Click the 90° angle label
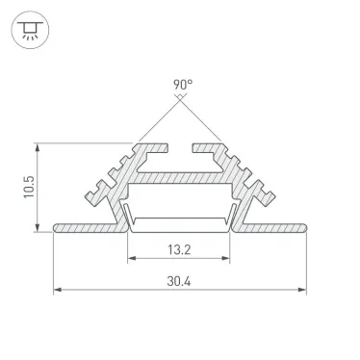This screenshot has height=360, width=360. pos(182,84)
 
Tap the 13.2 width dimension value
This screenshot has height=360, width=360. pos(178,248)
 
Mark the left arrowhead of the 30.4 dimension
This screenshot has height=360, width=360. pos(57,289)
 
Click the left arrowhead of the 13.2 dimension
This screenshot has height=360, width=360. pos(131,258)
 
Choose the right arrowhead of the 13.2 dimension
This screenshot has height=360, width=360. pos(227,258)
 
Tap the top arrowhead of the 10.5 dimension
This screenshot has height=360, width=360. pos(39,147)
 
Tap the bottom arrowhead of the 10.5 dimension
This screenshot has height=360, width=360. pos(39,227)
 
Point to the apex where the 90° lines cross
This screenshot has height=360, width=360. pos(180,99)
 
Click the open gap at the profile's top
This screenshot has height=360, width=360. pos(180,147)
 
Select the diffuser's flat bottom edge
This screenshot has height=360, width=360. pos(180,230)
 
